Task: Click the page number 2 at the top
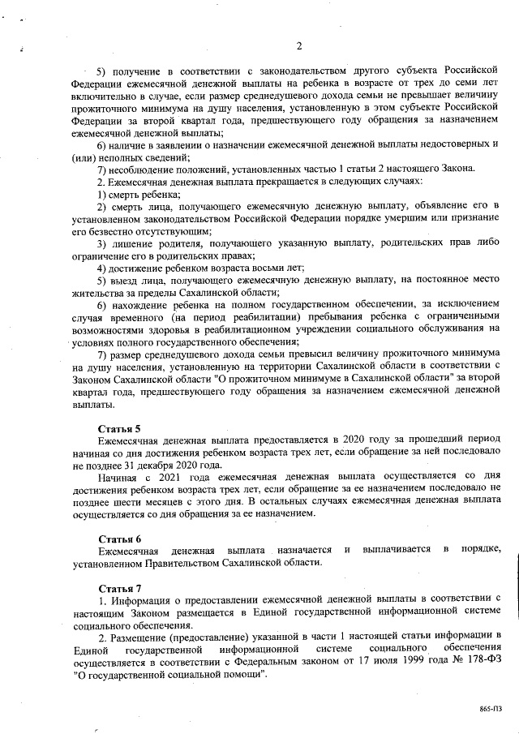pyautogui.click(x=298, y=45)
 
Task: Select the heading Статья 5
pyautogui.click(x=120, y=427)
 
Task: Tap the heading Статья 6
pyautogui.click(x=120, y=538)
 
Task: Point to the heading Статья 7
pyautogui.click(x=120, y=587)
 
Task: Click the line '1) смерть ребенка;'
pyautogui.click(x=138, y=195)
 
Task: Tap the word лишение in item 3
pyautogui.click(x=133, y=243)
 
